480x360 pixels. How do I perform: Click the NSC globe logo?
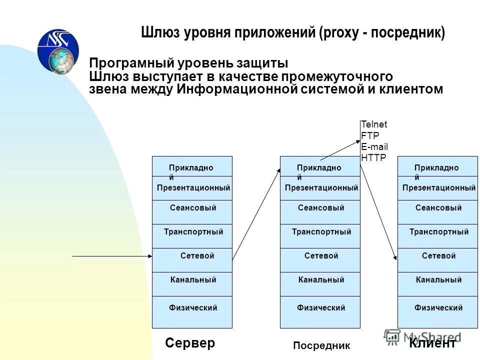pos(58,51)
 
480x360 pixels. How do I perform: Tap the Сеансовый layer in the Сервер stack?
pos(192,208)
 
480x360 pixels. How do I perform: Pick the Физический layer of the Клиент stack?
pos(438,308)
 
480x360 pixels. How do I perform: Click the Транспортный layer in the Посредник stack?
pos(321,232)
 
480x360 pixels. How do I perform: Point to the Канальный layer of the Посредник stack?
pos(321,280)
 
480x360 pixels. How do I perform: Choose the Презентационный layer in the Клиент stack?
pos(438,188)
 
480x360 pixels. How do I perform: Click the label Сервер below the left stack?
pos(189,343)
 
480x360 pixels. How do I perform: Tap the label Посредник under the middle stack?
pos(321,345)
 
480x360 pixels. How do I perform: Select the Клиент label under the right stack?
pos(432,343)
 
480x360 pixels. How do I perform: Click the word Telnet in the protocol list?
pos(374,124)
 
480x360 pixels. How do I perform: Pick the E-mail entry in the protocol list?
pos(374,146)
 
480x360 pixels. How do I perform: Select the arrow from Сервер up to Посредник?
pos(256,213)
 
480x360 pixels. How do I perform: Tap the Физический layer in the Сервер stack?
pos(192,308)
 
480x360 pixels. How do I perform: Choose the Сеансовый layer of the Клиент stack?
pos(438,208)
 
